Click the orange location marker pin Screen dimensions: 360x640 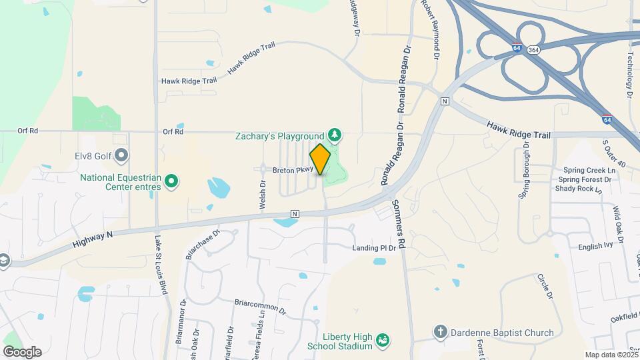coord(321,159)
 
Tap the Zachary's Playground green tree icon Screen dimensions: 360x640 coord(335,137)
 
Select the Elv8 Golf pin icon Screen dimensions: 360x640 coord(121,156)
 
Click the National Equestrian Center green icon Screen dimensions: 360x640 coord(171,181)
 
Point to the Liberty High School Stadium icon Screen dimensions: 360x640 coord(383,341)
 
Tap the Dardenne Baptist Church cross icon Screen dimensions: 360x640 coord(440,332)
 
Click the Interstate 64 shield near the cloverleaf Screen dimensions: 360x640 coord(517,49)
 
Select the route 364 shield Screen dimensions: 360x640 coord(533,49)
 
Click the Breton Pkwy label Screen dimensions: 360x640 coord(293,170)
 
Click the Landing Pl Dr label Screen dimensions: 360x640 coord(375,248)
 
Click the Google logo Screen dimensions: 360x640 coord(22,351)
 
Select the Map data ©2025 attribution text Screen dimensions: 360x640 coord(611,355)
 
